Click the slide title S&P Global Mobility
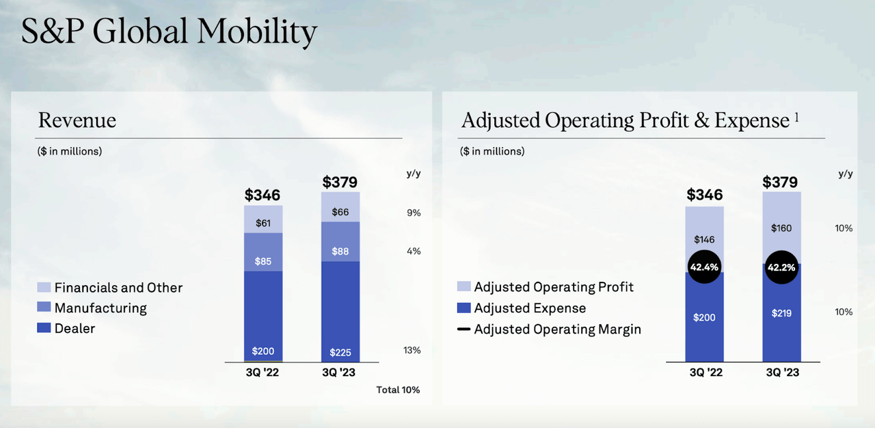pos(169,33)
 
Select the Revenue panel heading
pos(77,120)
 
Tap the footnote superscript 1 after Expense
pos(796,118)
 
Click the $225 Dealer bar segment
pos(340,311)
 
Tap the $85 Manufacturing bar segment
pos(263,252)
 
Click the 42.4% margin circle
pos(704,267)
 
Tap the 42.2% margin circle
pos(781,267)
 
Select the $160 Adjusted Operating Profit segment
pos(781,228)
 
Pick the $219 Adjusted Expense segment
pos(781,312)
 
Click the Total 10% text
pos(398,390)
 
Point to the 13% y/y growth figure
pos(412,350)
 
